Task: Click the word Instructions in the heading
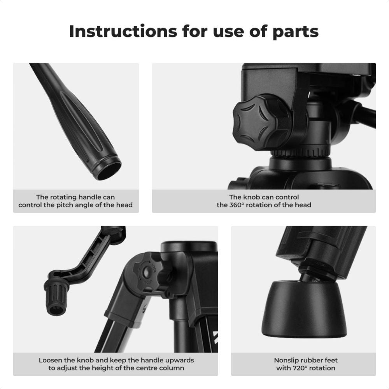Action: click(123, 31)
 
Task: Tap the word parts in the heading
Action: click(296, 32)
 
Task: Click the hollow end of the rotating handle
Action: click(108, 169)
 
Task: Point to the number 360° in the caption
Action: click(236, 205)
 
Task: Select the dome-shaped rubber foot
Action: click(304, 309)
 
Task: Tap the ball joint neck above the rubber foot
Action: click(308, 275)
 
